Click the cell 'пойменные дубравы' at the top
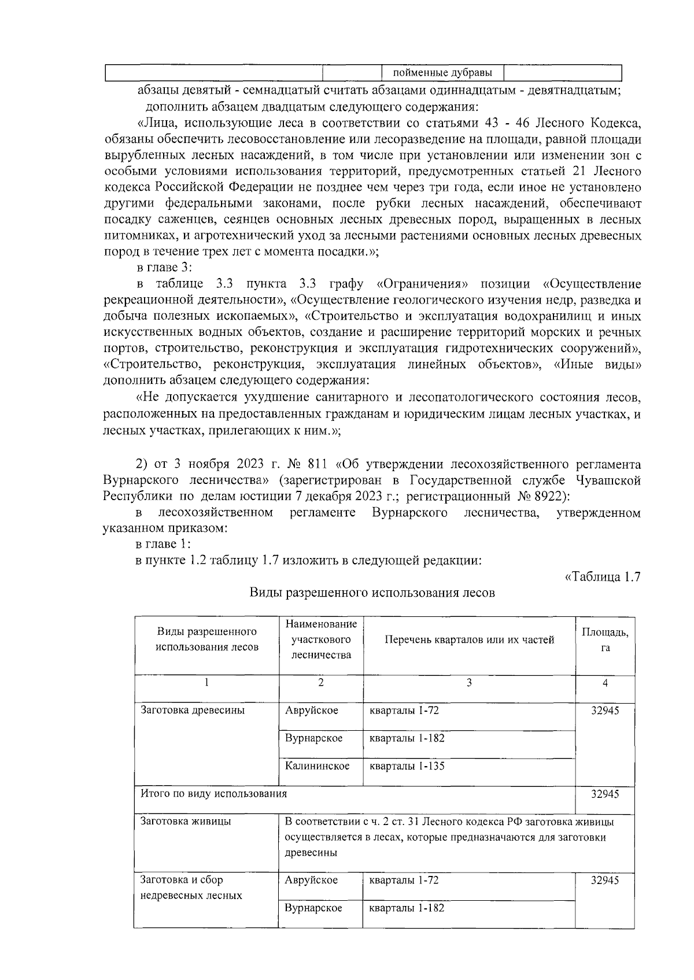tap(442, 73)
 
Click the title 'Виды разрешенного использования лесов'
tap(372, 593)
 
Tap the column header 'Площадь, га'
tap(605, 639)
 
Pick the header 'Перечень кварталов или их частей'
tap(469, 639)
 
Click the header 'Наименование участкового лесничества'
tap(321, 639)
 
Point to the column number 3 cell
tap(469, 683)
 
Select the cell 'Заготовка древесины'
tap(193, 711)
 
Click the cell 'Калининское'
tap(317, 766)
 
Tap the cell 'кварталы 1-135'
tap(407, 766)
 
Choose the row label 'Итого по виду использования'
tap(214, 794)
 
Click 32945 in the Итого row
tap(604, 794)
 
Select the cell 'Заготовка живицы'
tap(186, 822)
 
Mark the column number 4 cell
tap(605, 683)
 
